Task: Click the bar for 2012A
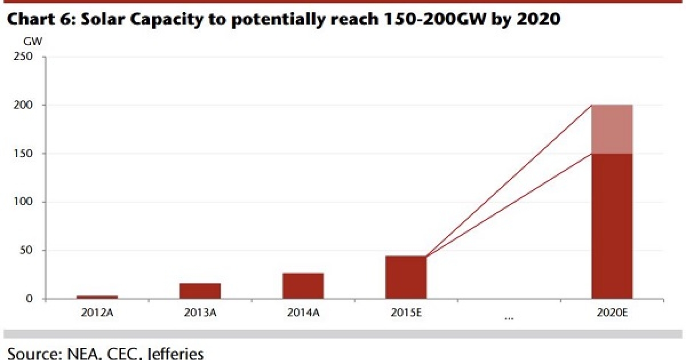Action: point(97,297)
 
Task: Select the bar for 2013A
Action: point(200,291)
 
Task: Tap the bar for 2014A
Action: point(303,286)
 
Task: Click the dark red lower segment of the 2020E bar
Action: point(612,226)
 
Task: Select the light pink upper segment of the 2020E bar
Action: point(612,130)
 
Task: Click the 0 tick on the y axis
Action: point(29,299)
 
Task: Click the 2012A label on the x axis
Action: point(97,313)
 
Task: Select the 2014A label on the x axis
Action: point(303,313)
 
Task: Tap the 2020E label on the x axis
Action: point(612,313)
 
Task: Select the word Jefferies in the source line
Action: point(172,353)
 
